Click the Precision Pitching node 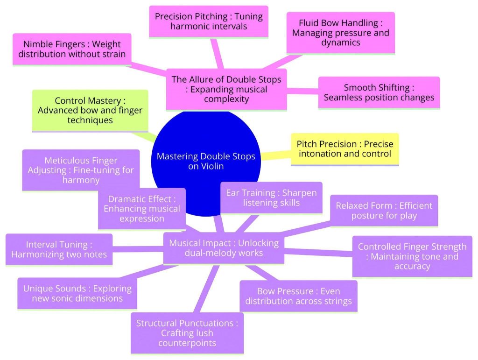tap(209, 21)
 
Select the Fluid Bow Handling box tap(340, 33)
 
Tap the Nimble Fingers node tap(72, 49)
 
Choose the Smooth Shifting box tap(379, 92)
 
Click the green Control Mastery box tap(90, 110)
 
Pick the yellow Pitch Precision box tap(344, 148)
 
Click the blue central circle tap(205, 140)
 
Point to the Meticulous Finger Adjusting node tap(80, 170)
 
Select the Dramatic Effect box tap(141, 209)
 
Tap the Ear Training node tap(271, 198)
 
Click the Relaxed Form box tap(384, 210)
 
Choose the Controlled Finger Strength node tap(412, 256)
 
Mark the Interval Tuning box tap(59, 249)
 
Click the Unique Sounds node tap(77, 293)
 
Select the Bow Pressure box tap(298, 296)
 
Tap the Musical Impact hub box tap(224, 248)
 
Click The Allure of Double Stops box tap(226, 89)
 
